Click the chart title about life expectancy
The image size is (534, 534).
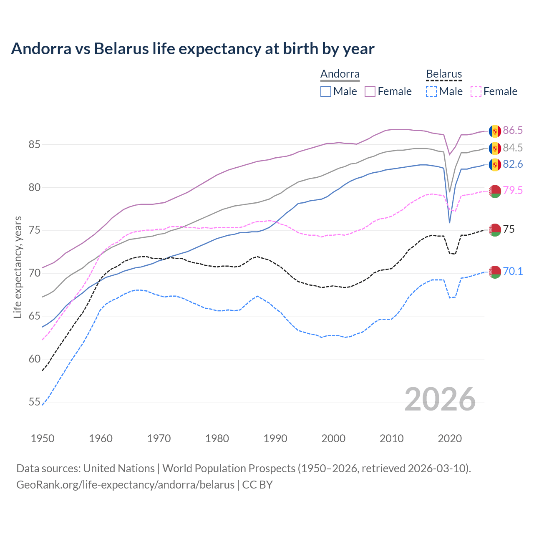tap(192, 49)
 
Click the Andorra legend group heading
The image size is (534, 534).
tap(340, 74)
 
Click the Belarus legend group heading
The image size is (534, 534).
tap(444, 74)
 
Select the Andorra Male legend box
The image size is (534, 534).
tap(326, 91)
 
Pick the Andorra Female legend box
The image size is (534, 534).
tap(370, 91)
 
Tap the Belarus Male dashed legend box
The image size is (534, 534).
tap(431, 91)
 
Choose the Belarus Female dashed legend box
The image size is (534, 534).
tap(476, 91)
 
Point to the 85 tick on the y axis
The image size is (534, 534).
tap(34, 145)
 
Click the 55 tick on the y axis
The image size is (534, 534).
tap(34, 402)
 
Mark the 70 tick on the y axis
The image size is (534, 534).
tap(34, 273)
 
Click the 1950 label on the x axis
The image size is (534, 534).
tap(43, 438)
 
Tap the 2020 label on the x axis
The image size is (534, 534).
tap(450, 438)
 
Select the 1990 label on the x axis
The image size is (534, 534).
tap(275, 438)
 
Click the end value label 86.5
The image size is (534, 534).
tap(512, 131)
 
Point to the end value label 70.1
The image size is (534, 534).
tap(512, 272)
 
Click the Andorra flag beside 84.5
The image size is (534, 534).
tap(495, 148)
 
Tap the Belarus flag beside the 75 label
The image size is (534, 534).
tap(495, 229)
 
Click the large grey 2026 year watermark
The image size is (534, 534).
tap(440, 400)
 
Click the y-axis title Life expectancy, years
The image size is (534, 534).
tap(18, 267)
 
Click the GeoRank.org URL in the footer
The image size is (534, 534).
tap(125, 485)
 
